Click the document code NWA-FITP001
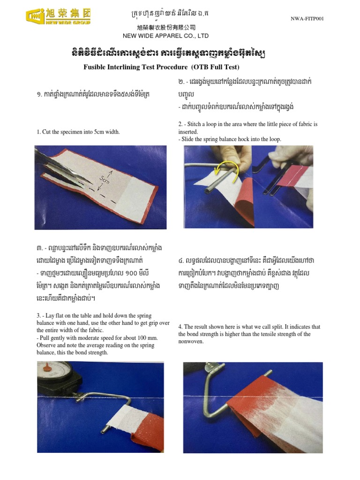tap(307, 19)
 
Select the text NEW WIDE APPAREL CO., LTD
tap(165, 36)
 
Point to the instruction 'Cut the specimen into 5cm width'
tap(78, 132)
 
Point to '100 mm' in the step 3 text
tap(148, 337)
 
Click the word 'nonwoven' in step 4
tap(191, 342)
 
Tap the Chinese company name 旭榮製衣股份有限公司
tap(165, 28)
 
